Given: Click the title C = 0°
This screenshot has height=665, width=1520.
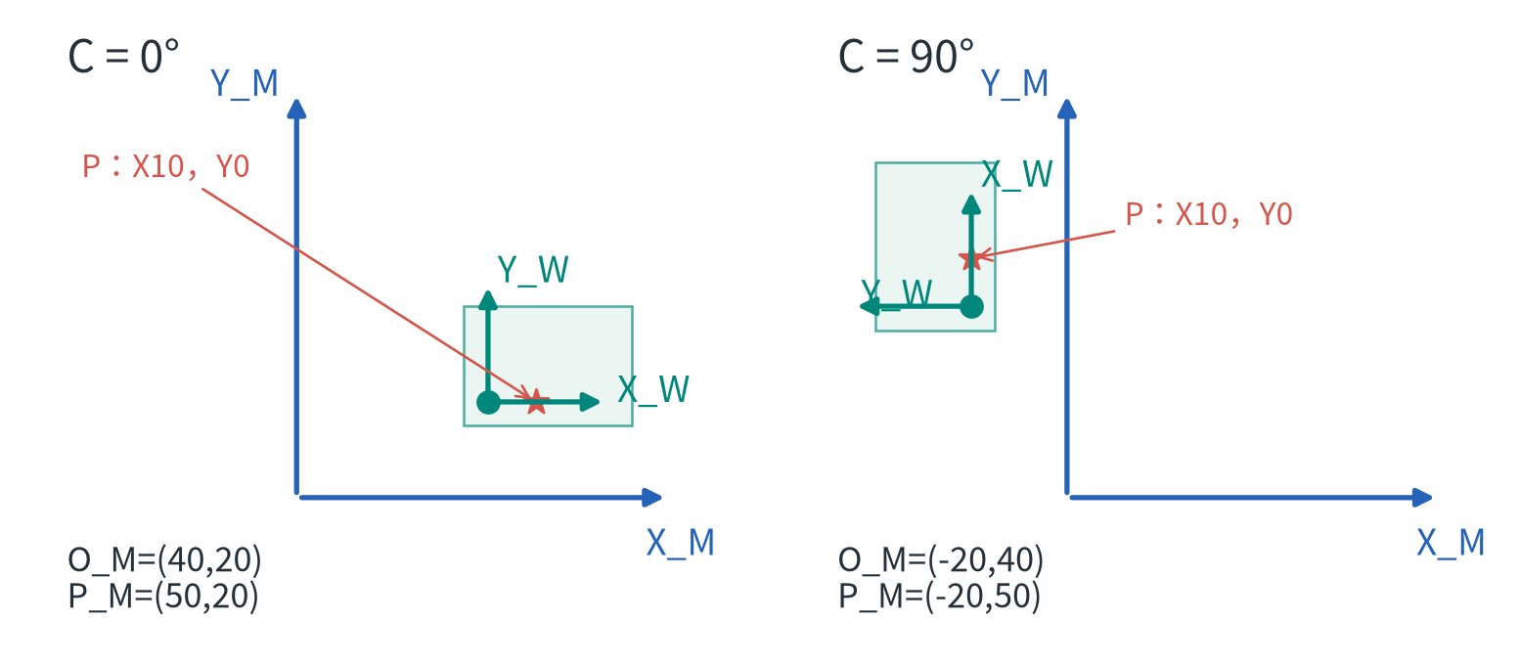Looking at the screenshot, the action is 123,56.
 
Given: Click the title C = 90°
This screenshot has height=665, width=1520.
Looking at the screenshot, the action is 906,56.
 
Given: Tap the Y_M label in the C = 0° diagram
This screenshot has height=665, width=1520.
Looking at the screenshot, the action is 245,84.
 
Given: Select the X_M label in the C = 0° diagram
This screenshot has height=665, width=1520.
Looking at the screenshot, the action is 681,543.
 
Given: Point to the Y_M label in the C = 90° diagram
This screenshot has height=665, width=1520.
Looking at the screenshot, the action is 1014,84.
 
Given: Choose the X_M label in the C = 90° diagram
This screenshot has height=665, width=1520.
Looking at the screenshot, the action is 1451,543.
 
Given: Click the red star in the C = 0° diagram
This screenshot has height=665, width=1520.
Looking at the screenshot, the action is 536,402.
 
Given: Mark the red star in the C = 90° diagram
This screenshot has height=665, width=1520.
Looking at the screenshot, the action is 971,258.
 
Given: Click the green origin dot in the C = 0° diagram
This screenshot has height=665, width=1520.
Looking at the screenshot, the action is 489,402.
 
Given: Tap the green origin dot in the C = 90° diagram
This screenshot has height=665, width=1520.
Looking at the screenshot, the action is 971,307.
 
